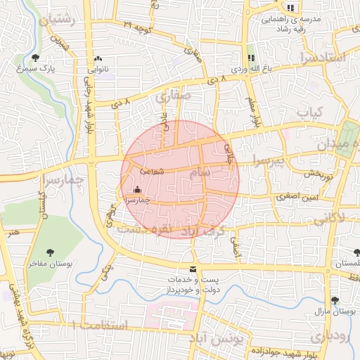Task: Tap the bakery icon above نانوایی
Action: tap(97, 59)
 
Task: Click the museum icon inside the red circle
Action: tap(136, 189)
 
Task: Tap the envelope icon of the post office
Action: tap(193, 269)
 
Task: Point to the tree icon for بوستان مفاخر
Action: tap(51, 252)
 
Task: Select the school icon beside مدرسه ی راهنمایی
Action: tap(290, 8)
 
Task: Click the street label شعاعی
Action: tap(152, 171)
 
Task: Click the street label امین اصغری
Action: tap(299, 198)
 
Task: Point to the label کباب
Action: tap(309, 112)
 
